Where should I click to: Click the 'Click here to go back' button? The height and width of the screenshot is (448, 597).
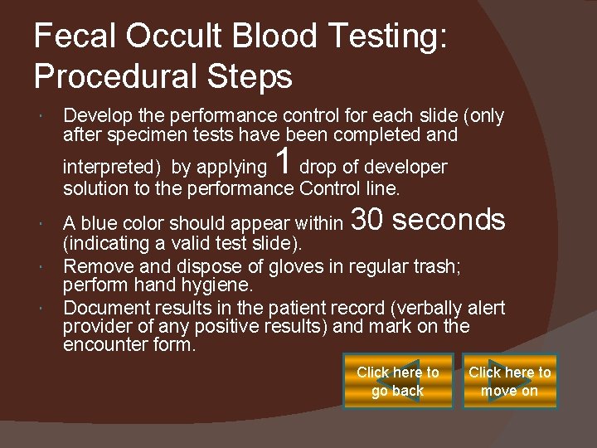398,382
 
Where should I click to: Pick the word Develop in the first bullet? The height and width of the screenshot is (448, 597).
96,116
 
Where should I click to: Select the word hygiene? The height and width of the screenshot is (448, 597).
218,285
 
